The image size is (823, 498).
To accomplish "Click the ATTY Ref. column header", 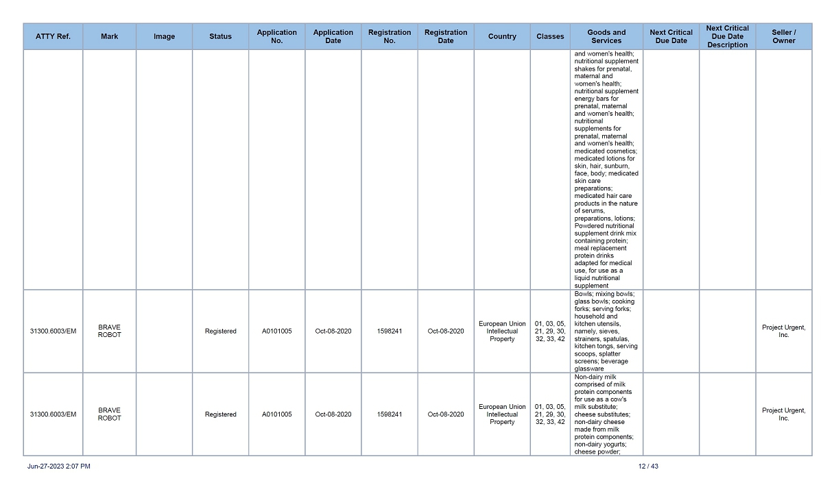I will pos(53,36).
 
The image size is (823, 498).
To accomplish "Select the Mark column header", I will pos(109,36).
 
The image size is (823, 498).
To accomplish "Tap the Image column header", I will pos(164,36).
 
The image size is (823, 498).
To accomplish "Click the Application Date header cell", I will pos(333,36).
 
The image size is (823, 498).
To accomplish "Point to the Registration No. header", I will pos(389,36).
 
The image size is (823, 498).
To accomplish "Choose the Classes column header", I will pos(550,36).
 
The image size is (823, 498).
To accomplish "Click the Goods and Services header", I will pos(606,36).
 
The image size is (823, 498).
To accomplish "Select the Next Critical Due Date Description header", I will pos(727,36).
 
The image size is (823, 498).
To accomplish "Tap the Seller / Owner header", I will pos(783,36).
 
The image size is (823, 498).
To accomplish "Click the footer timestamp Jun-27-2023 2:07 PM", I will pos(59,466).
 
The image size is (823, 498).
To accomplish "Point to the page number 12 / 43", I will pos(648,466).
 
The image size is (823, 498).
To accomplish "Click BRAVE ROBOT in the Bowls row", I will pos(109,331).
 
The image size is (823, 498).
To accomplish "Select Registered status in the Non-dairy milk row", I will pos(220,414).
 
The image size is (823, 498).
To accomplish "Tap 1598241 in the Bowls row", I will pos(389,332).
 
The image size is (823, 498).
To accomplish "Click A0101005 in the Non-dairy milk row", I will pos(276,414).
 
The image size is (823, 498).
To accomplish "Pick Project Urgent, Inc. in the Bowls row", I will pos(783,331).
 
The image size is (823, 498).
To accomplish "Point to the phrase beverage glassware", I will pos(601,364).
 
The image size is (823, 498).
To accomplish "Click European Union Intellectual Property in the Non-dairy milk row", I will pos(502,414).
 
